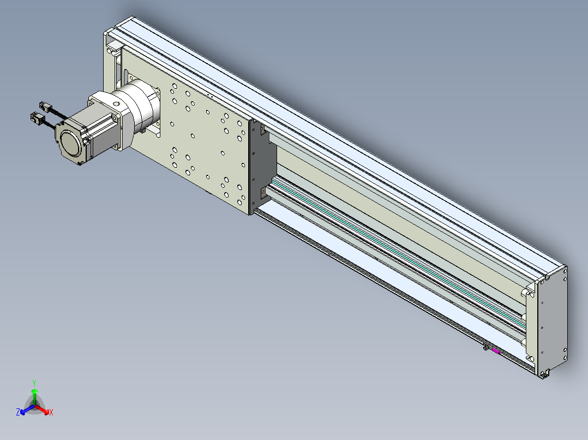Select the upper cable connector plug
45,107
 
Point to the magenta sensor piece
496,351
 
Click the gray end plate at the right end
553,320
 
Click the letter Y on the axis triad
34,383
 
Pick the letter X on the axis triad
51,412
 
